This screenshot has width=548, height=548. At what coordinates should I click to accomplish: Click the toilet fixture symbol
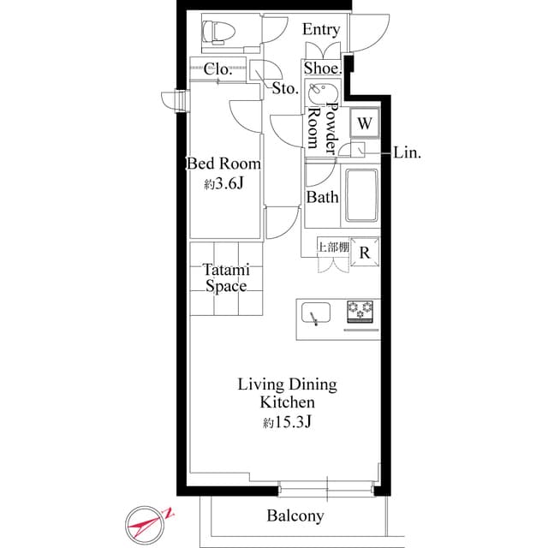click(217, 33)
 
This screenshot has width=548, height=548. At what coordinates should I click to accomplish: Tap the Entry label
click(321, 30)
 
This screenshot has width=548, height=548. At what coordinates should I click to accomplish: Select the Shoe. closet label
click(323, 68)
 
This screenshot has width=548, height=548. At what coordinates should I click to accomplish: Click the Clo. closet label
click(218, 69)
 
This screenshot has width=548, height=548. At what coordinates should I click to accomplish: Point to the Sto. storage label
click(285, 87)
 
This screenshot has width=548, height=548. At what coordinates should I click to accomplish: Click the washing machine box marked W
click(365, 123)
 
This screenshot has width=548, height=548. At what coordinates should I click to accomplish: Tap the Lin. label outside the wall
click(407, 152)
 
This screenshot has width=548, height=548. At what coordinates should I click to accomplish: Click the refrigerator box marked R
click(365, 252)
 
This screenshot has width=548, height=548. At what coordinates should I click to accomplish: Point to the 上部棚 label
click(332, 247)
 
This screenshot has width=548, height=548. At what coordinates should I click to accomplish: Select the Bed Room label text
click(223, 164)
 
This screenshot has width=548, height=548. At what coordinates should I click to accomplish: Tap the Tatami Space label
click(224, 277)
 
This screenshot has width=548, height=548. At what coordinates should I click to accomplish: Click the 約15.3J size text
click(287, 423)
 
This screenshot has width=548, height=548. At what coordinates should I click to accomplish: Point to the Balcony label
click(295, 515)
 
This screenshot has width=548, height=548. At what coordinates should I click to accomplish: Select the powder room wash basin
click(319, 90)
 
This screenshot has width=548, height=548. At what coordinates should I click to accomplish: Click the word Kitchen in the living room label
click(287, 402)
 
